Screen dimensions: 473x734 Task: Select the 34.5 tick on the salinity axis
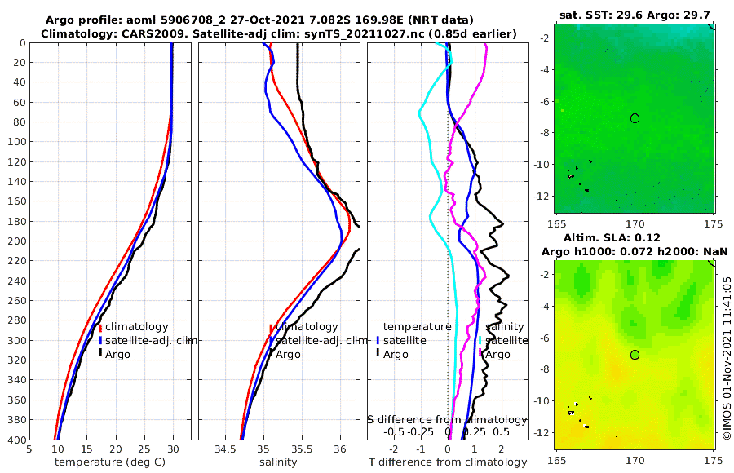coord(224,449)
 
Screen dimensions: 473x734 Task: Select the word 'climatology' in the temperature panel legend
coord(136,326)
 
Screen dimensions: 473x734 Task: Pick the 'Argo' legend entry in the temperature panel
coord(118,354)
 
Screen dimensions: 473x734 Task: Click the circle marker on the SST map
coord(635,118)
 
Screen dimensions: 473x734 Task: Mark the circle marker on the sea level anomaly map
coord(635,354)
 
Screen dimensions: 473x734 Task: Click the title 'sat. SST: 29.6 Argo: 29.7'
coord(635,14)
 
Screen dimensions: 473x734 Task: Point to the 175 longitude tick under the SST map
coord(714,223)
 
